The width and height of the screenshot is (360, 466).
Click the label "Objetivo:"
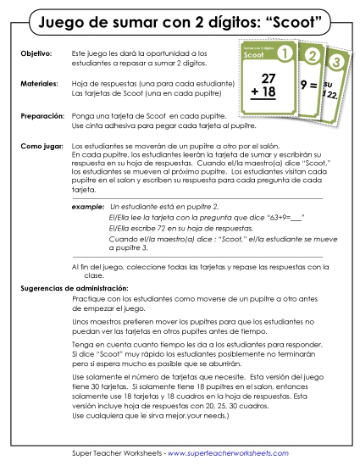coord(35,53)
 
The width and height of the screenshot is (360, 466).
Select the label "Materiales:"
coord(39,84)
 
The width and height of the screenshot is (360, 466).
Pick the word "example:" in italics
coord(87,206)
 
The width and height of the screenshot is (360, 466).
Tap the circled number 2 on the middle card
coord(312,58)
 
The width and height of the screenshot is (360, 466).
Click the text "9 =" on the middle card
coord(309,85)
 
